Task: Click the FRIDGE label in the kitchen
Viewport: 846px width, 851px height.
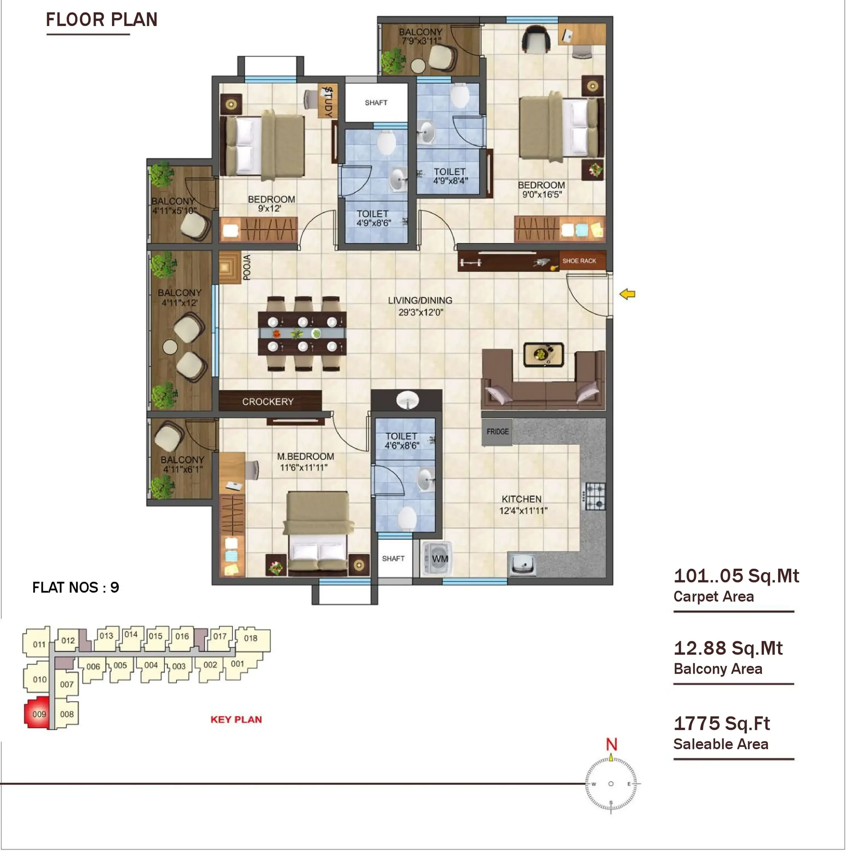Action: pos(497,432)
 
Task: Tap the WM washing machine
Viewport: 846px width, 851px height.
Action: pos(437,559)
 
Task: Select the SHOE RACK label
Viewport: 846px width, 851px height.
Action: pos(579,261)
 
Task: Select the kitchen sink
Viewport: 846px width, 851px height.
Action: pos(522,564)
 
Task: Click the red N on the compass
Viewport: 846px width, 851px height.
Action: pos(611,744)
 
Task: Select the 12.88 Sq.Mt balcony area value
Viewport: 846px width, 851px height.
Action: pos(728,648)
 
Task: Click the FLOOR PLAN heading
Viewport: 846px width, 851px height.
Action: pos(102,20)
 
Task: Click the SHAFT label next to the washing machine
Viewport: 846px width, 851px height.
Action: pos(393,559)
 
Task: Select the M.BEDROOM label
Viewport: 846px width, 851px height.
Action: pos(305,456)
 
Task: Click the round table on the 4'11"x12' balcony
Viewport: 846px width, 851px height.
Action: pos(170,347)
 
